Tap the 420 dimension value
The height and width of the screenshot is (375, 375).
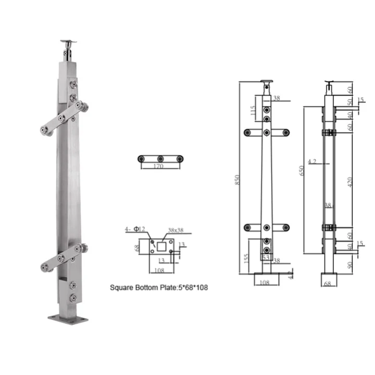(x=350, y=182)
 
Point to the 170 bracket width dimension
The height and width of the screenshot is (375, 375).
(x=160, y=167)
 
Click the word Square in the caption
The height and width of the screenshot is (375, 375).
(x=123, y=287)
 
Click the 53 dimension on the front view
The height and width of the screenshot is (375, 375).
(x=266, y=258)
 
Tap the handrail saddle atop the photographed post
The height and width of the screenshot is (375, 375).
(x=68, y=42)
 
